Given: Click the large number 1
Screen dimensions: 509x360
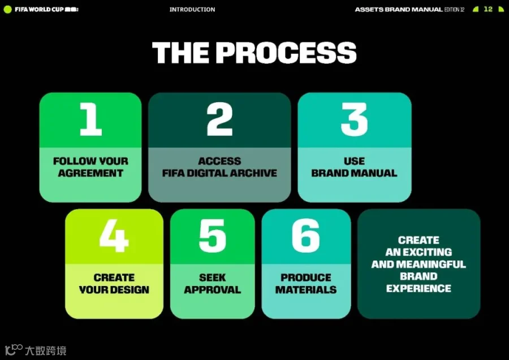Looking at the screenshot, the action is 91,119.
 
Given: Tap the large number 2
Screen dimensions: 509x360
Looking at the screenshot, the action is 220,119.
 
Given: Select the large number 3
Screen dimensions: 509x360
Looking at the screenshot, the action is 354,119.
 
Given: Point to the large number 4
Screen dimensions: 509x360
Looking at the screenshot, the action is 114,236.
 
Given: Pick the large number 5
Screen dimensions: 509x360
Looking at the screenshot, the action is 212,236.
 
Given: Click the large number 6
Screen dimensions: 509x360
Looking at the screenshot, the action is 306,236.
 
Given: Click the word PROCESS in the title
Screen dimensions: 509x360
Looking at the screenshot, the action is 286,53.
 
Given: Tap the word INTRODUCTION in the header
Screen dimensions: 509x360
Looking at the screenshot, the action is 192,10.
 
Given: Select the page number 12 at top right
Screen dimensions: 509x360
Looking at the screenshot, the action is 488,9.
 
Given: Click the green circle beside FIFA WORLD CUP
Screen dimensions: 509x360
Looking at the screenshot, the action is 7,10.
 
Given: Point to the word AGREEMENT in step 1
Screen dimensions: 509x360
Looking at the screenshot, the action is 90,173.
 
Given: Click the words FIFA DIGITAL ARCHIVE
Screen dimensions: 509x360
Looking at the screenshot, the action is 220,173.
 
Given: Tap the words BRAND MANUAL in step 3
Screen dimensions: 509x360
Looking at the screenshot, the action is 354,173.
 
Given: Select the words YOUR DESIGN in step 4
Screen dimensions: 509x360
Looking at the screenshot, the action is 114,289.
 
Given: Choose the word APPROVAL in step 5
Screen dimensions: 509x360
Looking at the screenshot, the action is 212,289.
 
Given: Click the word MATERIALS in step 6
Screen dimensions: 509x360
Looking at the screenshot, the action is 306,289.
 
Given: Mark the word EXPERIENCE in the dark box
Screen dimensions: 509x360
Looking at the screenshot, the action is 419,288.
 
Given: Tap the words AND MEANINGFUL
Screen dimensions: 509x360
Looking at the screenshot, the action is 419,264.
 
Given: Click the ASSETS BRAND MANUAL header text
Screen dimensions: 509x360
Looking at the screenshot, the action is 399,10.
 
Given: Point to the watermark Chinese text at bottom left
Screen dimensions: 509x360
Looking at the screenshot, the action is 46,350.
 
